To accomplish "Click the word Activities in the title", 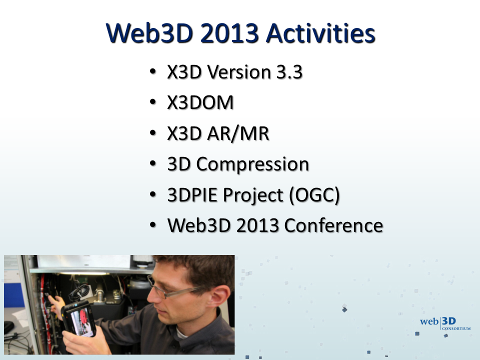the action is pyautogui.click(x=320, y=33).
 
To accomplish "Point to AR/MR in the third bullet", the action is pyautogui.click(x=238, y=134).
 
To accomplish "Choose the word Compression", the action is pyautogui.click(x=252, y=164).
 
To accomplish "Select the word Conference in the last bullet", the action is pyautogui.click(x=333, y=225).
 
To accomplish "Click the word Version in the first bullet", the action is pyautogui.click(x=239, y=72).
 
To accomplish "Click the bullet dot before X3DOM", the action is pyautogui.click(x=153, y=102).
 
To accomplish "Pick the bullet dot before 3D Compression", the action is pyautogui.click(x=153, y=163).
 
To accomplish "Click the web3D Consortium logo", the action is pyautogui.click(x=445, y=324).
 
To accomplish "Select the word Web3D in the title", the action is pyautogui.click(x=149, y=33).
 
